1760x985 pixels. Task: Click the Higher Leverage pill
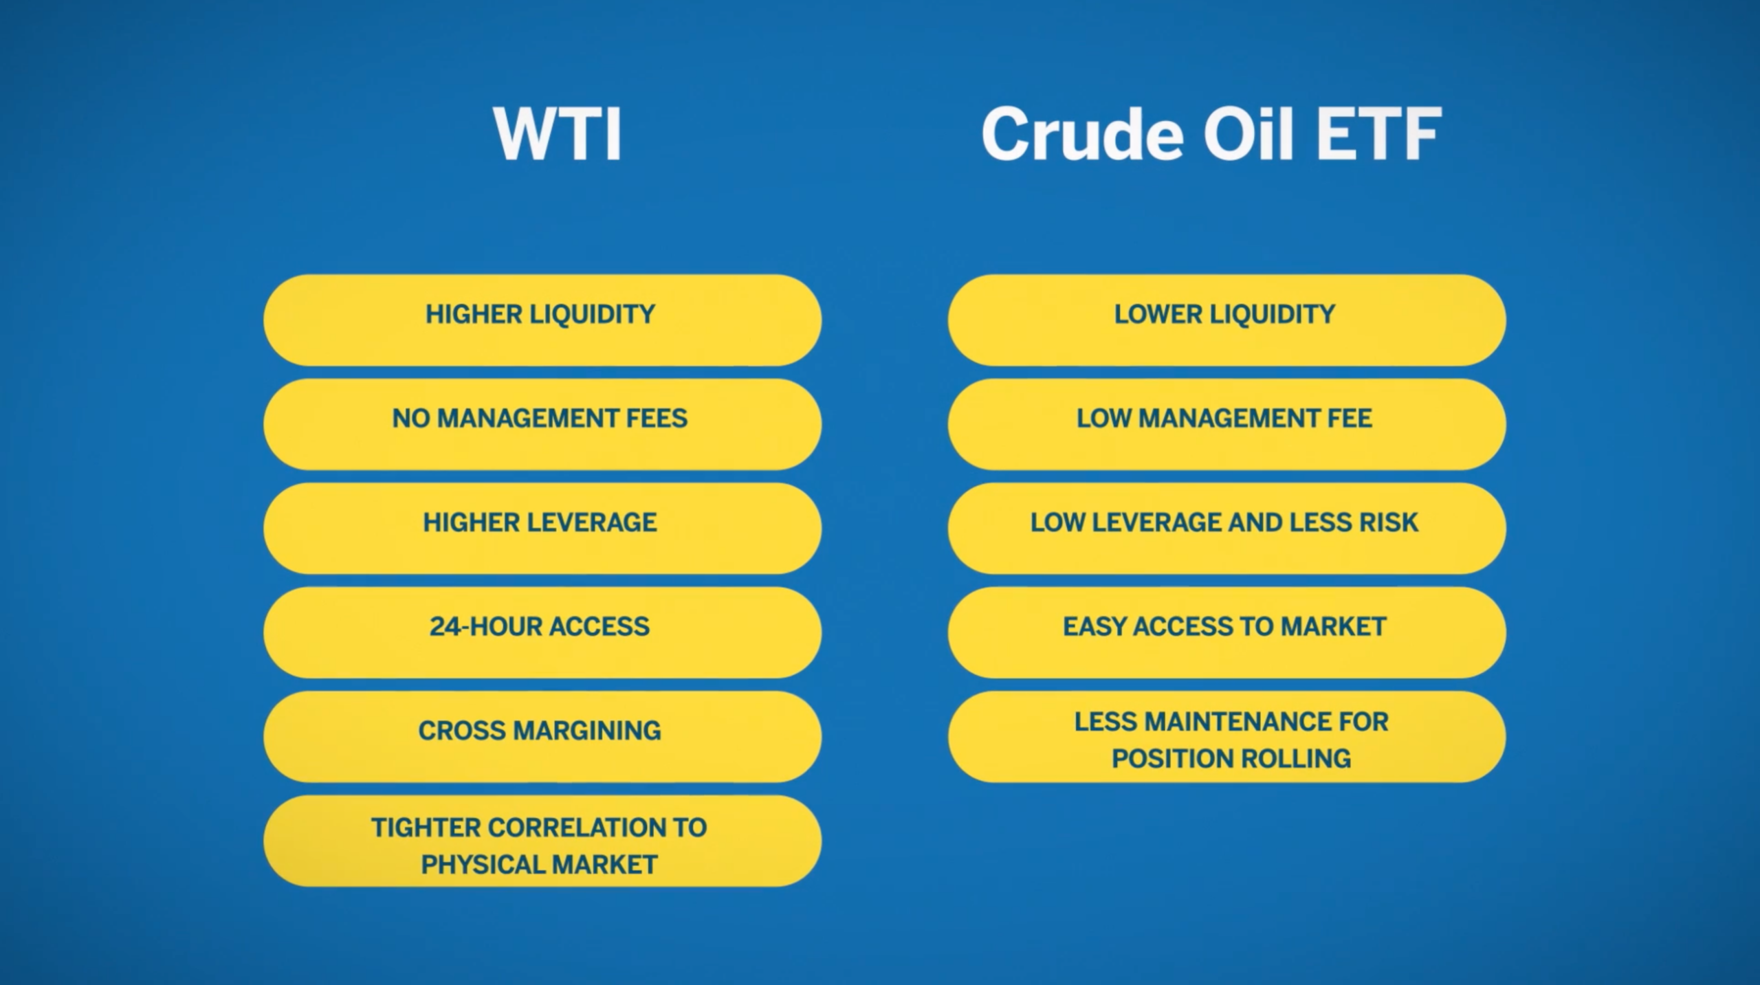point(542,527)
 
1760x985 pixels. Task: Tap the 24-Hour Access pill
point(542,631)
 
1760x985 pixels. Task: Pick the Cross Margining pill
point(542,735)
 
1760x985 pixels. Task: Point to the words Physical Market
point(539,864)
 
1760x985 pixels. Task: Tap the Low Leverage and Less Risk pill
point(1226,527)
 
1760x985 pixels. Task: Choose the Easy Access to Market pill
point(1226,631)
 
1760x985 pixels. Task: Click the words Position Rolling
point(1231,758)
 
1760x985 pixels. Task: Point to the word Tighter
point(426,827)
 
